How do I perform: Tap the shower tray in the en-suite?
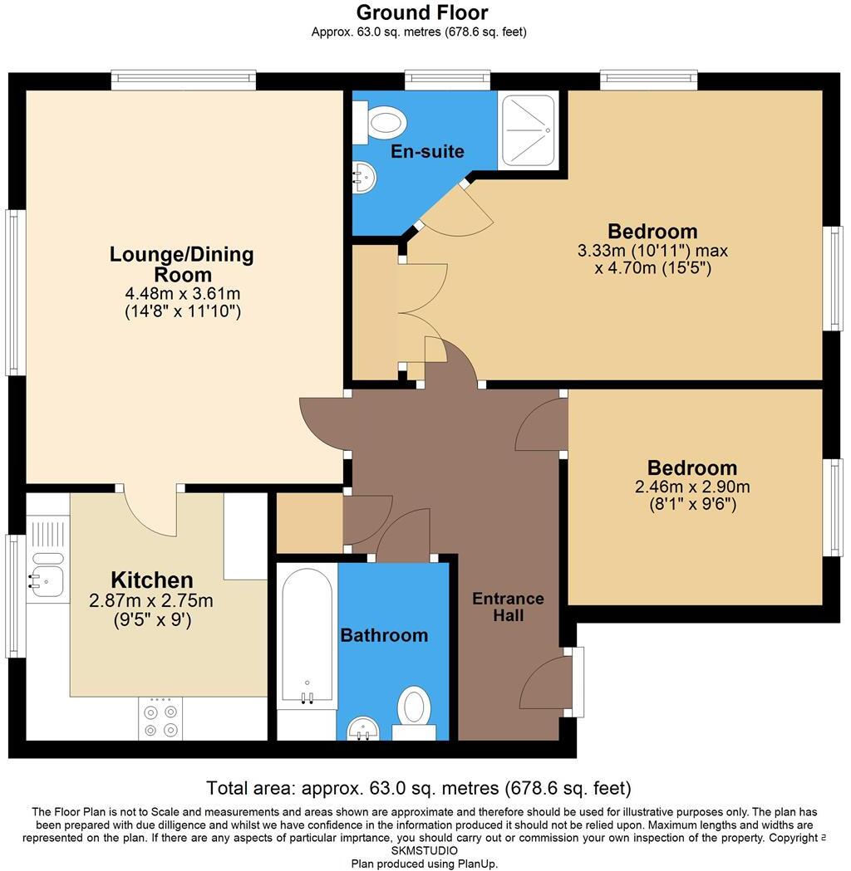pyautogui.click(x=528, y=130)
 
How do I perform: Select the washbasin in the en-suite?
pyautogui.click(x=365, y=175)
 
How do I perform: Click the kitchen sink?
pyautogui.click(x=47, y=570)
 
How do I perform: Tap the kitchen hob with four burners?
pyautogui.click(x=161, y=719)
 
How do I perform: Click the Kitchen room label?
pyautogui.click(x=152, y=580)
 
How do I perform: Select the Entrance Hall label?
pyautogui.click(x=508, y=607)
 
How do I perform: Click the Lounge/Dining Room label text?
pyautogui.click(x=181, y=264)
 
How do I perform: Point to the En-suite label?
pyautogui.click(x=428, y=152)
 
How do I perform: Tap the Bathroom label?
pyautogui.click(x=384, y=635)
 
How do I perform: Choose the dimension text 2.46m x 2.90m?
pyautogui.click(x=692, y=487)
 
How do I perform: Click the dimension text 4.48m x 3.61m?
pyautogui.click(x=181, y=294)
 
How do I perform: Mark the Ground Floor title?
pyautogui.click(x=421, y=12)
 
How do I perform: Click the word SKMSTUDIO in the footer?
pyautogui.click(x=425, y=851)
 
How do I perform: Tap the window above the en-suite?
pyautogui.click(x=447, y=80)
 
